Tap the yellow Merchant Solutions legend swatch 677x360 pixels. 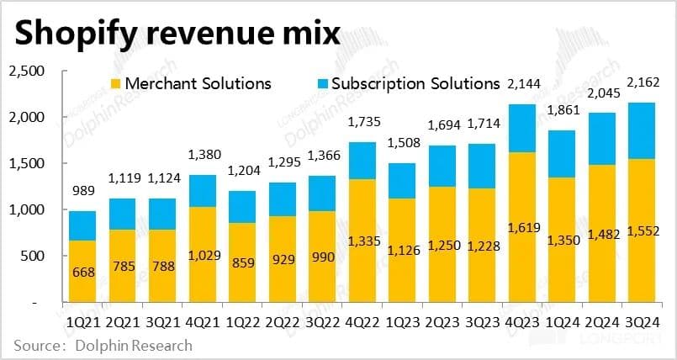(117, 84)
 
